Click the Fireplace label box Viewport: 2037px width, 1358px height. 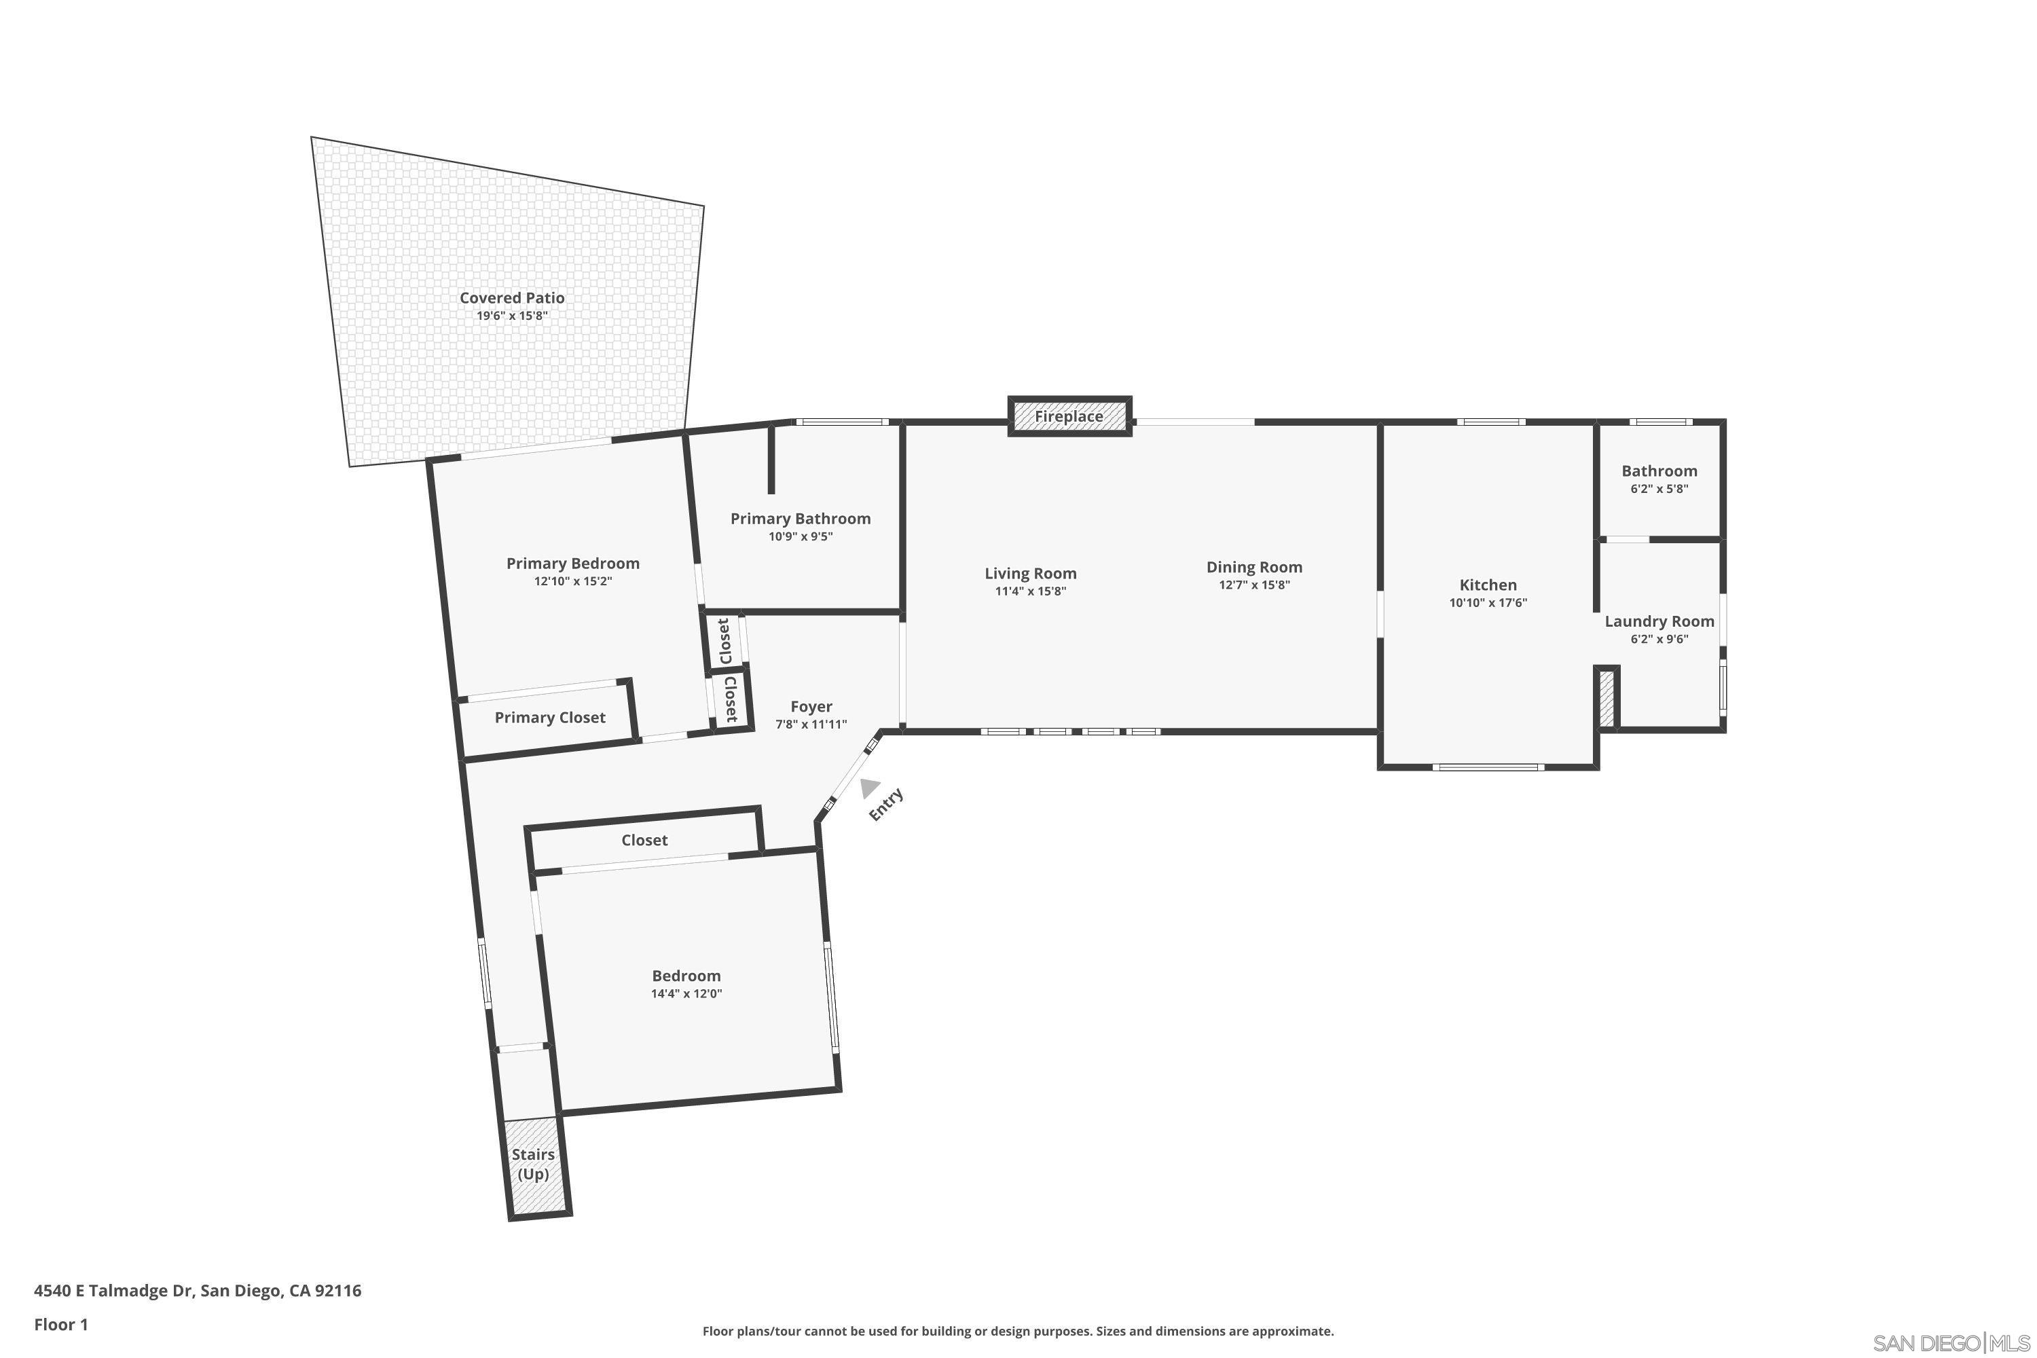coord(1069,417)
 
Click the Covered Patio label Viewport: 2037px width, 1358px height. coord(512,298)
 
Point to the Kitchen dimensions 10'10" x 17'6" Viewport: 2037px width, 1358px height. coord(1488,603)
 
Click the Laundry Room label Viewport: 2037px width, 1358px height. coord(1659,621)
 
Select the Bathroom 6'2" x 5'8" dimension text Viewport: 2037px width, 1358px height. coord(1659,488)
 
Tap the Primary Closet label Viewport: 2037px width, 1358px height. coord(550,717)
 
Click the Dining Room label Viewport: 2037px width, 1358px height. coord(1254,567)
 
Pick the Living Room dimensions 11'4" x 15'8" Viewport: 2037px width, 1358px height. coord(1030,591)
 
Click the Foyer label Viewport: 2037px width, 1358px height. coord(811,707)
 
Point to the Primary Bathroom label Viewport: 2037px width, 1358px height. coord(801,519)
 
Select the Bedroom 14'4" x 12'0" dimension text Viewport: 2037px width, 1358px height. coord(686,993)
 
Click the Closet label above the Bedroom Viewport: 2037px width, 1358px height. coord(644,840)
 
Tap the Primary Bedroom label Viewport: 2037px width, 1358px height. coord(572,564)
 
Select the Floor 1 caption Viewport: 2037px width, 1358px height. coord(60,1324)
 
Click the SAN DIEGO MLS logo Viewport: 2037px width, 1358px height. coord(1949,1343)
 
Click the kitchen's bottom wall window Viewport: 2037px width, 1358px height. coord(1487,767)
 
